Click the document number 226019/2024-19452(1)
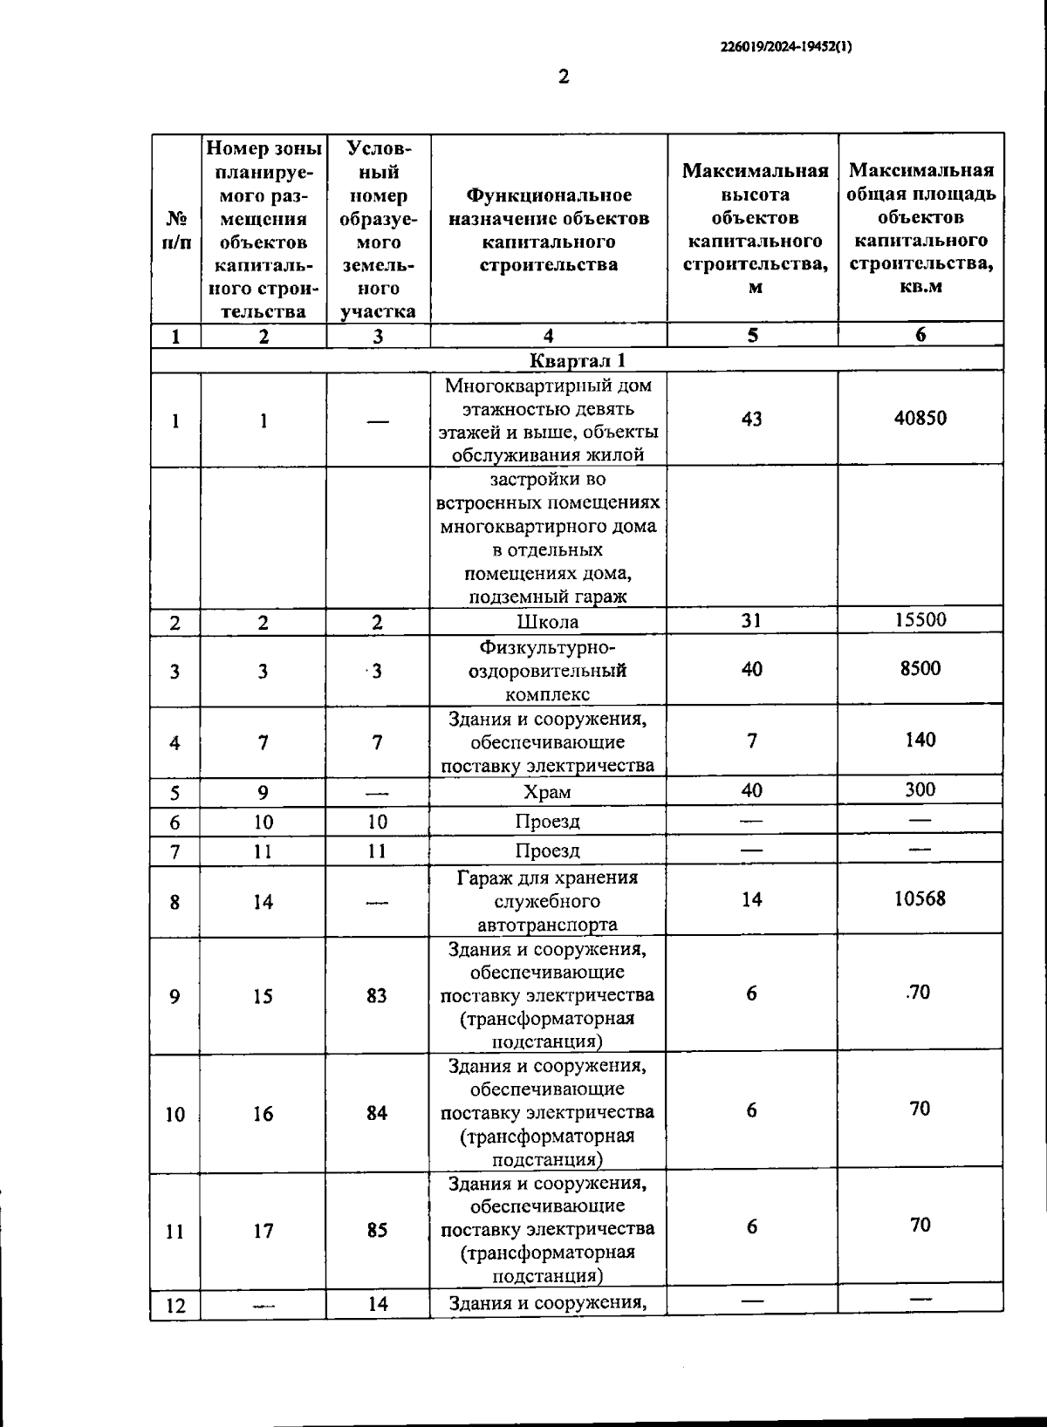coord(786,48)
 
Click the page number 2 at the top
coord(563,77)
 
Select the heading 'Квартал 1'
coord(578,360)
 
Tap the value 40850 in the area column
coord(920,418)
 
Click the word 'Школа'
coord(548,622)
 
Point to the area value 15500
coord(920,620)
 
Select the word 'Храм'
coord(547,792)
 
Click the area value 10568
coord(920,898)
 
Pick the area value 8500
coord(920,669)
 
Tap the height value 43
coord(751,419)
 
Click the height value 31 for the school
coord(751,620)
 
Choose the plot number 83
coord(377,995)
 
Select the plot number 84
coord(377,1113)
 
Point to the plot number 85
coord(377,1230)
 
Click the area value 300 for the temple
coord(920,789)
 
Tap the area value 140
coord(920,740)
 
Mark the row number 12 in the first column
coord(175,1306)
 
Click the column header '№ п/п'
coord(176,229)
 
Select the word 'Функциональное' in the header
coord(549,195)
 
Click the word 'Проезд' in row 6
coord(547,822)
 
